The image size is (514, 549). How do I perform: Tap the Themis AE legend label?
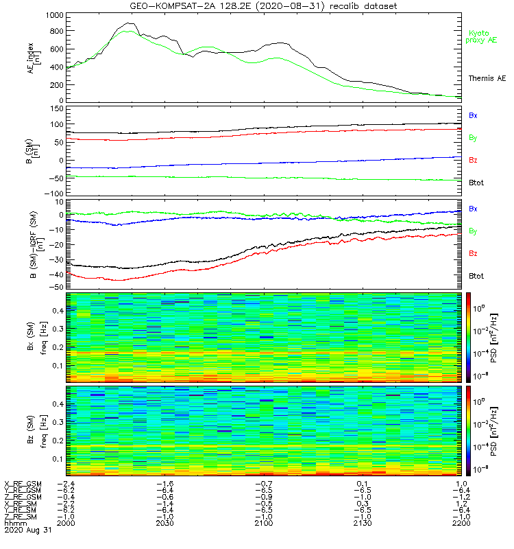click(487, 79)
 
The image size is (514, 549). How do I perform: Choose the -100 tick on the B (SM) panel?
click(55, 194)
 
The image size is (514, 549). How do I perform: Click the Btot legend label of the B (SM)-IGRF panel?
click(476, 275)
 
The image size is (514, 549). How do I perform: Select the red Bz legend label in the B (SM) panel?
click(473, 160)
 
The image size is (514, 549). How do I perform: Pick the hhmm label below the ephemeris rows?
click(14, 523)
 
